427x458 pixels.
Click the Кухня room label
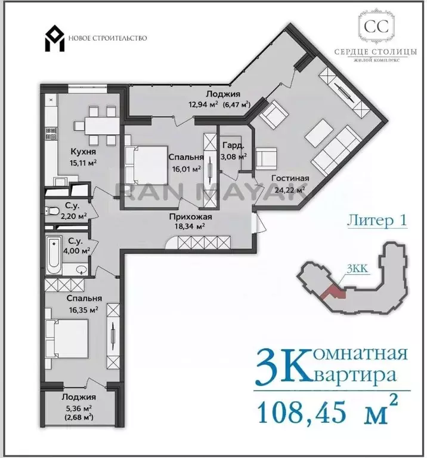click(x=83, y=152)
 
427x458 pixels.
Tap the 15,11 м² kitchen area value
click(x=83, y=162)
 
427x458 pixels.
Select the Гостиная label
click(x=290, y=178)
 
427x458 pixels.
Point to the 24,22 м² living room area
click(x=290, y=189)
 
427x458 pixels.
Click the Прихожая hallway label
click(x=190, y=217)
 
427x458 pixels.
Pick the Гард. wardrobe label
click(x=233, y=146)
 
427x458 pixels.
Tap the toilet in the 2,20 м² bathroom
click(x=52, y=210)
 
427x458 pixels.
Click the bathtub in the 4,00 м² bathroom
click(x=54, y=256)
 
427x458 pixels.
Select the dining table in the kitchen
click(x=102, y=126)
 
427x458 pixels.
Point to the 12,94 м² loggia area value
click(x=203, y=104)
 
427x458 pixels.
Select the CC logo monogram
click(x=376, y=27)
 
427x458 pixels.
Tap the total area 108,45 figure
click(x=302, y=413)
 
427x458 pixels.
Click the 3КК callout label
click(x=358, y=269)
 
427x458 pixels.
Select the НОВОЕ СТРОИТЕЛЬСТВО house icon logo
click(x=54, y=39)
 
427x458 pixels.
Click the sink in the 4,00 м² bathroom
click(x=81, y=269)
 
